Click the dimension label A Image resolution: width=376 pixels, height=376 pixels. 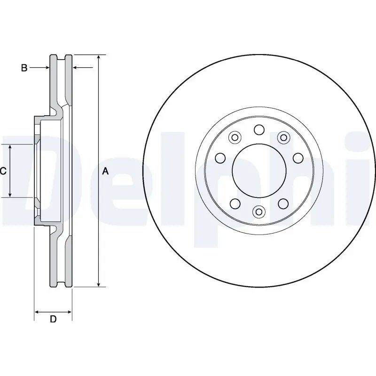click(105, 172)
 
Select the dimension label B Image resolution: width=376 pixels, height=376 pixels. click(24, 68)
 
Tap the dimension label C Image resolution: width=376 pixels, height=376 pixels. click(3, 171)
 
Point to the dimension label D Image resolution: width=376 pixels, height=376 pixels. click(53, 319)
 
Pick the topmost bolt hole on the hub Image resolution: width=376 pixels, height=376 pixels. click(259, 130)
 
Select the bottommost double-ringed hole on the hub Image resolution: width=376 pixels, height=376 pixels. click(258, 212)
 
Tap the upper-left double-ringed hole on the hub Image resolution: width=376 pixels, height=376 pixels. click(235, 138)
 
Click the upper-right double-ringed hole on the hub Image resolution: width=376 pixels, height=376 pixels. click(283, 137)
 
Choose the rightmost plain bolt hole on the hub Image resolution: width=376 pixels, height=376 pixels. click(298, 158)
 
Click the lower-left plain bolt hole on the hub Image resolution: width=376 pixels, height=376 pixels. click(235, 203)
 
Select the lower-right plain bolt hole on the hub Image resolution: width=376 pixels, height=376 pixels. click(283, 203)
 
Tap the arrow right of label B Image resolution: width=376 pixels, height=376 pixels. click(46, 68)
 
